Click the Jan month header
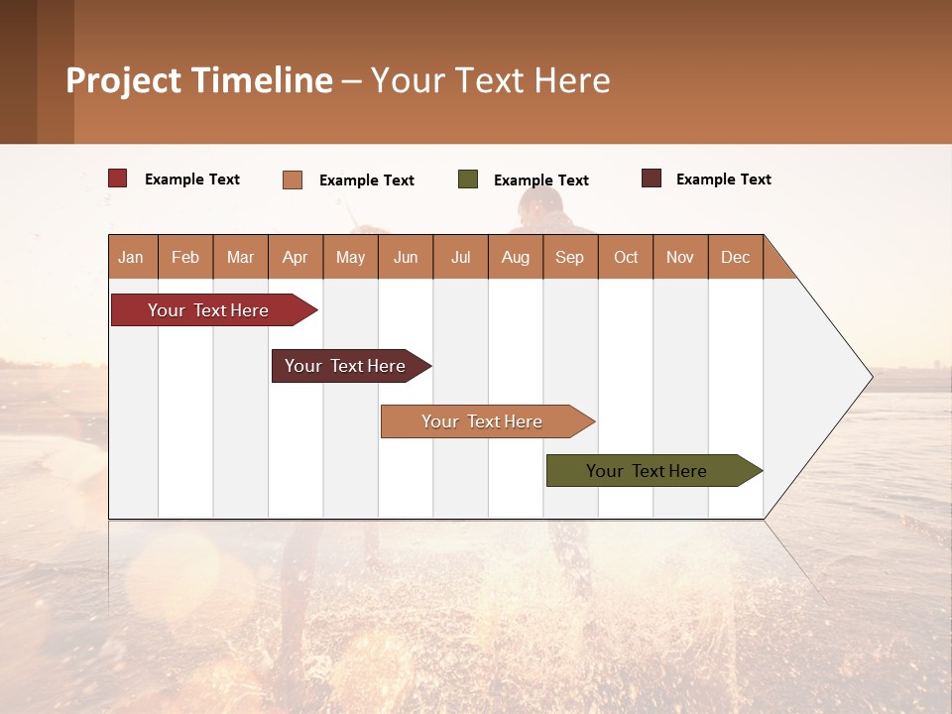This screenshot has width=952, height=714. [x=132, y=257]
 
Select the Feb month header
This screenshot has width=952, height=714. [x=185, y=257]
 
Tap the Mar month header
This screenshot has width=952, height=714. [x=240, y=257]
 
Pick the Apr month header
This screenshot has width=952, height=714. [x=296, y=257]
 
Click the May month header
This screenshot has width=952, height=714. [x=350, y=257]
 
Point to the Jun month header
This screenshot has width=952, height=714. [x=406, y=257]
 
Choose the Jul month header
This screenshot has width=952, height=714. [x=460, y=257]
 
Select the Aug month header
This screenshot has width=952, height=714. [x=516, y=257]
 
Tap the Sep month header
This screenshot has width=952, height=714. [x=570, y=257]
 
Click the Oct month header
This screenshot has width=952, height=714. [x=626, y=257]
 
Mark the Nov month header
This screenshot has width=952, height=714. [x=680, y=257]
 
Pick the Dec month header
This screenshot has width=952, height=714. [x=736, y=257]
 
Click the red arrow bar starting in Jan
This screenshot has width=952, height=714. [x=209, y=310]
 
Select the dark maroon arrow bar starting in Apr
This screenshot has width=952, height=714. [x=346, y=366]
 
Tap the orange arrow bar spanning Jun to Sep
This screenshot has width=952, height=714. [x=483, y=421]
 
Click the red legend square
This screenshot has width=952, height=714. [x=118, y=178]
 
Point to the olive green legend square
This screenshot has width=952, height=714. [x=468, y=179]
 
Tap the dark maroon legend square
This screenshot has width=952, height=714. [x=652, y=178]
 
